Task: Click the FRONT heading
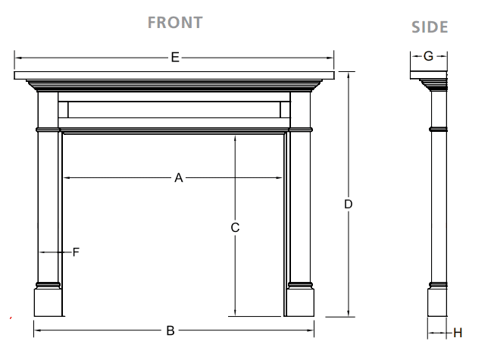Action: pos(174,22)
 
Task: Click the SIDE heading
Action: pos(430,27)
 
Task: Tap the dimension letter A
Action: pos(179,178)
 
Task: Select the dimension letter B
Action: pos(171,330)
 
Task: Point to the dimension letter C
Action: pos(236,227)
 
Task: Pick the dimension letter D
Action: pos(348,204)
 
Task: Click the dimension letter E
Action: pos(175,57)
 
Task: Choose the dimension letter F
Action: pos(76,252)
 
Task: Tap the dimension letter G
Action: pos(428,56)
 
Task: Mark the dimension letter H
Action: pos(457,332)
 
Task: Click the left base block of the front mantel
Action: pos(48,301)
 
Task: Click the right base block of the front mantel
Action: pos(301,301)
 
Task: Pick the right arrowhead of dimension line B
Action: pos(311,330)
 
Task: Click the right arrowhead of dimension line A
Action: pos(283,178)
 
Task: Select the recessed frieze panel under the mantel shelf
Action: pos(174,110)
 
